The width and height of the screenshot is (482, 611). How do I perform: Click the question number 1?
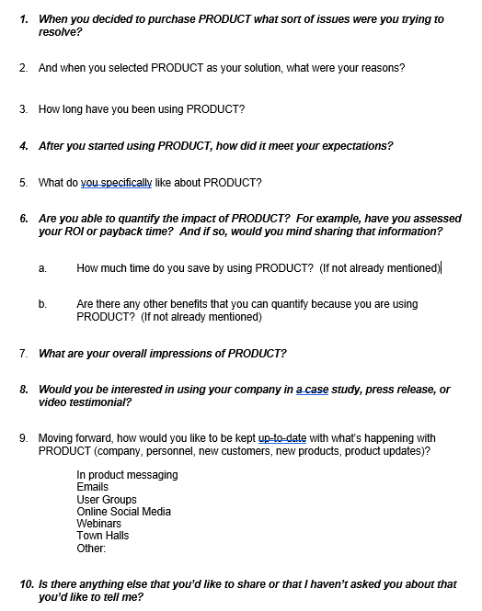(24, 19)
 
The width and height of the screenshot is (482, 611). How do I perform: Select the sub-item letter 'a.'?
(42, 268)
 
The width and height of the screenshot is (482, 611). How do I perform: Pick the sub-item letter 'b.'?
(42, 304)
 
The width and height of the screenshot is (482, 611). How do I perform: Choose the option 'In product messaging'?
(127, 475)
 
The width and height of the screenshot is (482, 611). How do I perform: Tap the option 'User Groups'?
(107, 500)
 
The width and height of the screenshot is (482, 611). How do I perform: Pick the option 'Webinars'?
(98, 524)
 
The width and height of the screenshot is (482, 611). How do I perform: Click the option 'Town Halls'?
(103, 536)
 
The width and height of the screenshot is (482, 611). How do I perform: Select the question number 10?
(27, 584)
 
